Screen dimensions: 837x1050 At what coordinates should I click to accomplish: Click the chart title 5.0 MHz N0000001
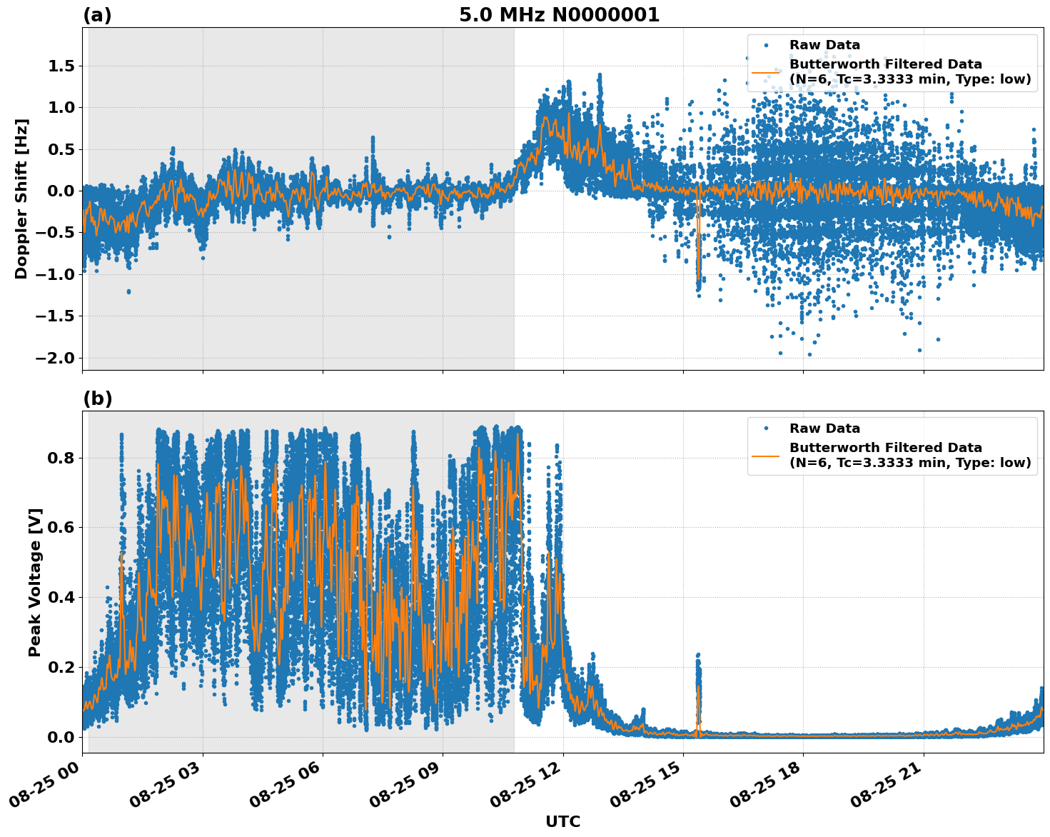(559, 15)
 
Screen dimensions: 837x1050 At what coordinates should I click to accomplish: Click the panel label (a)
(97, 15)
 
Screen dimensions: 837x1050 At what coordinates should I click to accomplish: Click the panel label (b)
(97, 399)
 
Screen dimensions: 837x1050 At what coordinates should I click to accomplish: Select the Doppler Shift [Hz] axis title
(21, 199)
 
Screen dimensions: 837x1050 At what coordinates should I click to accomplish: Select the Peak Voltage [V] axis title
(35, 582)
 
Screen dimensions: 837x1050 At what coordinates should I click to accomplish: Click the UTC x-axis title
(562, 821)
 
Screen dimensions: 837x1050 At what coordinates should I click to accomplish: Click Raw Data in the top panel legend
(824, 45)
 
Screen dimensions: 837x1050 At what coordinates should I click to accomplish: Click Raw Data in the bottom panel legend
(824, 428)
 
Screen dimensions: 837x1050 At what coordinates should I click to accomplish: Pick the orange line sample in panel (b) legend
(765, 455)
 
